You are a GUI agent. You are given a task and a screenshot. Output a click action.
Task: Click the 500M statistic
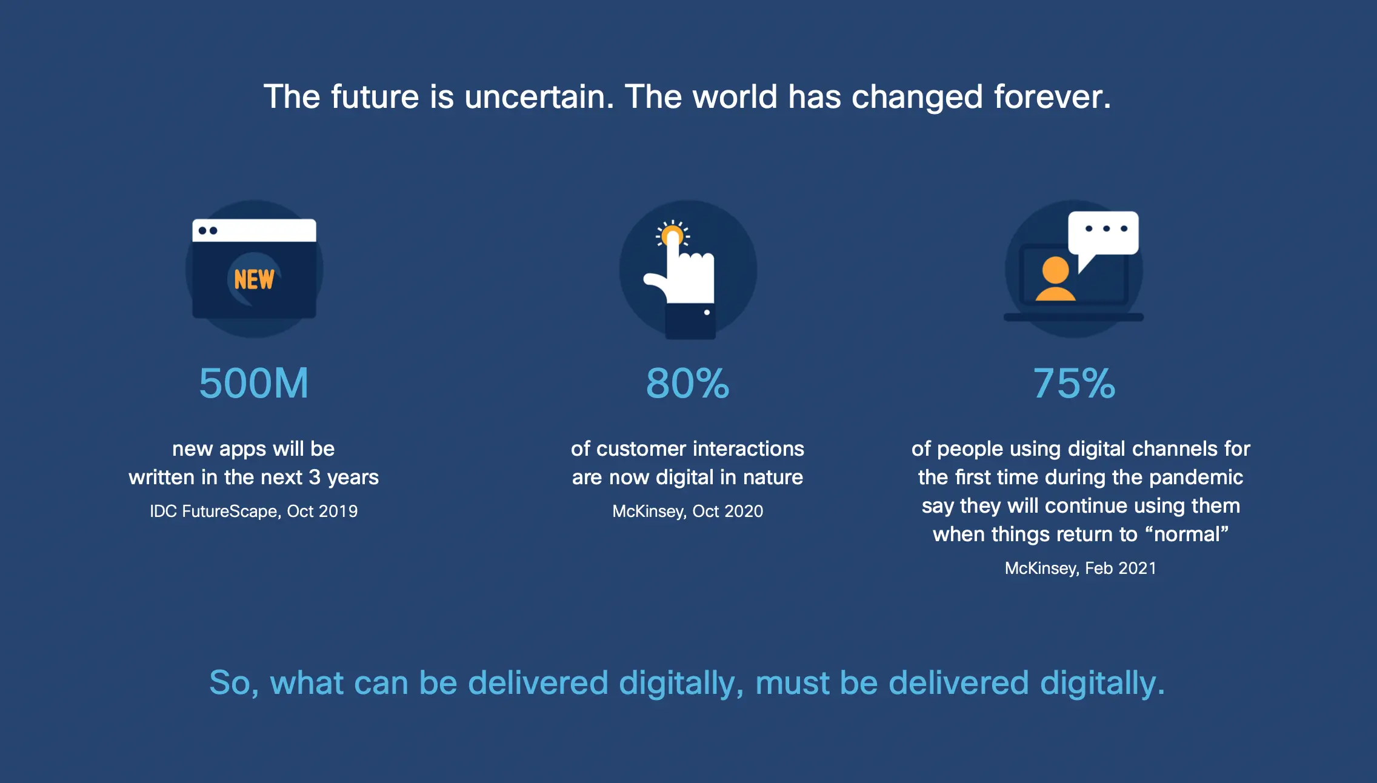tap(254, 383)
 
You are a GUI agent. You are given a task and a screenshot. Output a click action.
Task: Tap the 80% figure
tap(688, 383)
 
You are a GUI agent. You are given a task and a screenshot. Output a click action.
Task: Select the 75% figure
tap(1074, 383)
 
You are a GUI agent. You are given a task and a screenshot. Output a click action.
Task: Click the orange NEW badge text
tap(254, 279)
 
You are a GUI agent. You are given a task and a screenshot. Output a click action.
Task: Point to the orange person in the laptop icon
tap(1055, 279)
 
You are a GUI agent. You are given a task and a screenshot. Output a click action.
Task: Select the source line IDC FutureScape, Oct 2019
tap(254, 511)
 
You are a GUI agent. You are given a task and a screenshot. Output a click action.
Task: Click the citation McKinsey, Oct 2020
tap(688, 511)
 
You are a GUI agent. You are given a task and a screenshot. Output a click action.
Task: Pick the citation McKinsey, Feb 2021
tap(1081, 568)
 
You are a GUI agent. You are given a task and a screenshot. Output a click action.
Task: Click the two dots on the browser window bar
tap(208, 230)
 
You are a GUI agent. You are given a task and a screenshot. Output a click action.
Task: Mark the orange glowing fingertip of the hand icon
tap(672, 235)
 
